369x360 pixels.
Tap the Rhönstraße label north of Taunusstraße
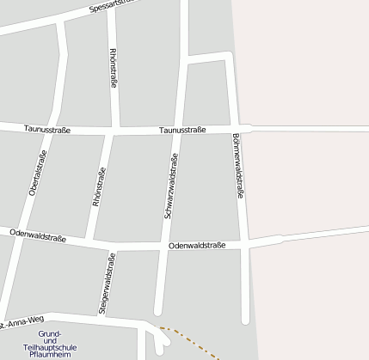coord(113,68)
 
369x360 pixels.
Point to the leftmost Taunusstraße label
coord(46,130)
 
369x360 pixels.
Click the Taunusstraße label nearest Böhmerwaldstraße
coord(182,131)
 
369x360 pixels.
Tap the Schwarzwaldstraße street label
coord(170,184)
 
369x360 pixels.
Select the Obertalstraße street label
coord(38,173)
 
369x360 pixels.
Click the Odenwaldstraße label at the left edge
coord(38,233)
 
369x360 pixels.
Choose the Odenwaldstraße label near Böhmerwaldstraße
coord(197,246)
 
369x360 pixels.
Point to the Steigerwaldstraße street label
coord(107,282)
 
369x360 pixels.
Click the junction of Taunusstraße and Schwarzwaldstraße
coord(175,131)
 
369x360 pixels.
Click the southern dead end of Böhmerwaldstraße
coord(246,320)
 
